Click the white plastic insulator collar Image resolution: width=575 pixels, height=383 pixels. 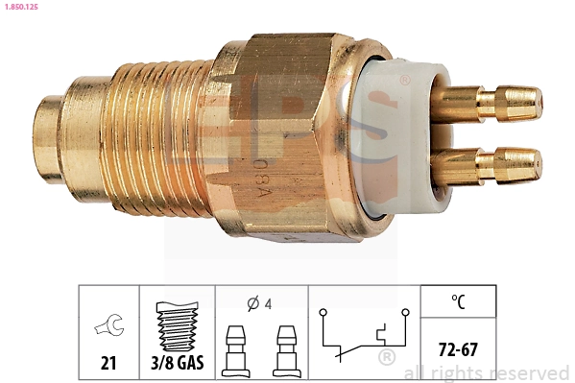[x=403, y=133]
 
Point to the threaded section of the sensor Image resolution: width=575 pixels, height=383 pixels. [x=154, y=134]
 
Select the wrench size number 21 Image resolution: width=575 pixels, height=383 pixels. [x=108, y=362]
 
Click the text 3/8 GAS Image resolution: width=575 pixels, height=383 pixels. [x=177, y=362]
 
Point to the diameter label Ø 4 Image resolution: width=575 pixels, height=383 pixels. [x=259, y=304]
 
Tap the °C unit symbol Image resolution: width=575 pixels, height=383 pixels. [x=459, y=302]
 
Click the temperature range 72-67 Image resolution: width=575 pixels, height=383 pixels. [x=459, y=343]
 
